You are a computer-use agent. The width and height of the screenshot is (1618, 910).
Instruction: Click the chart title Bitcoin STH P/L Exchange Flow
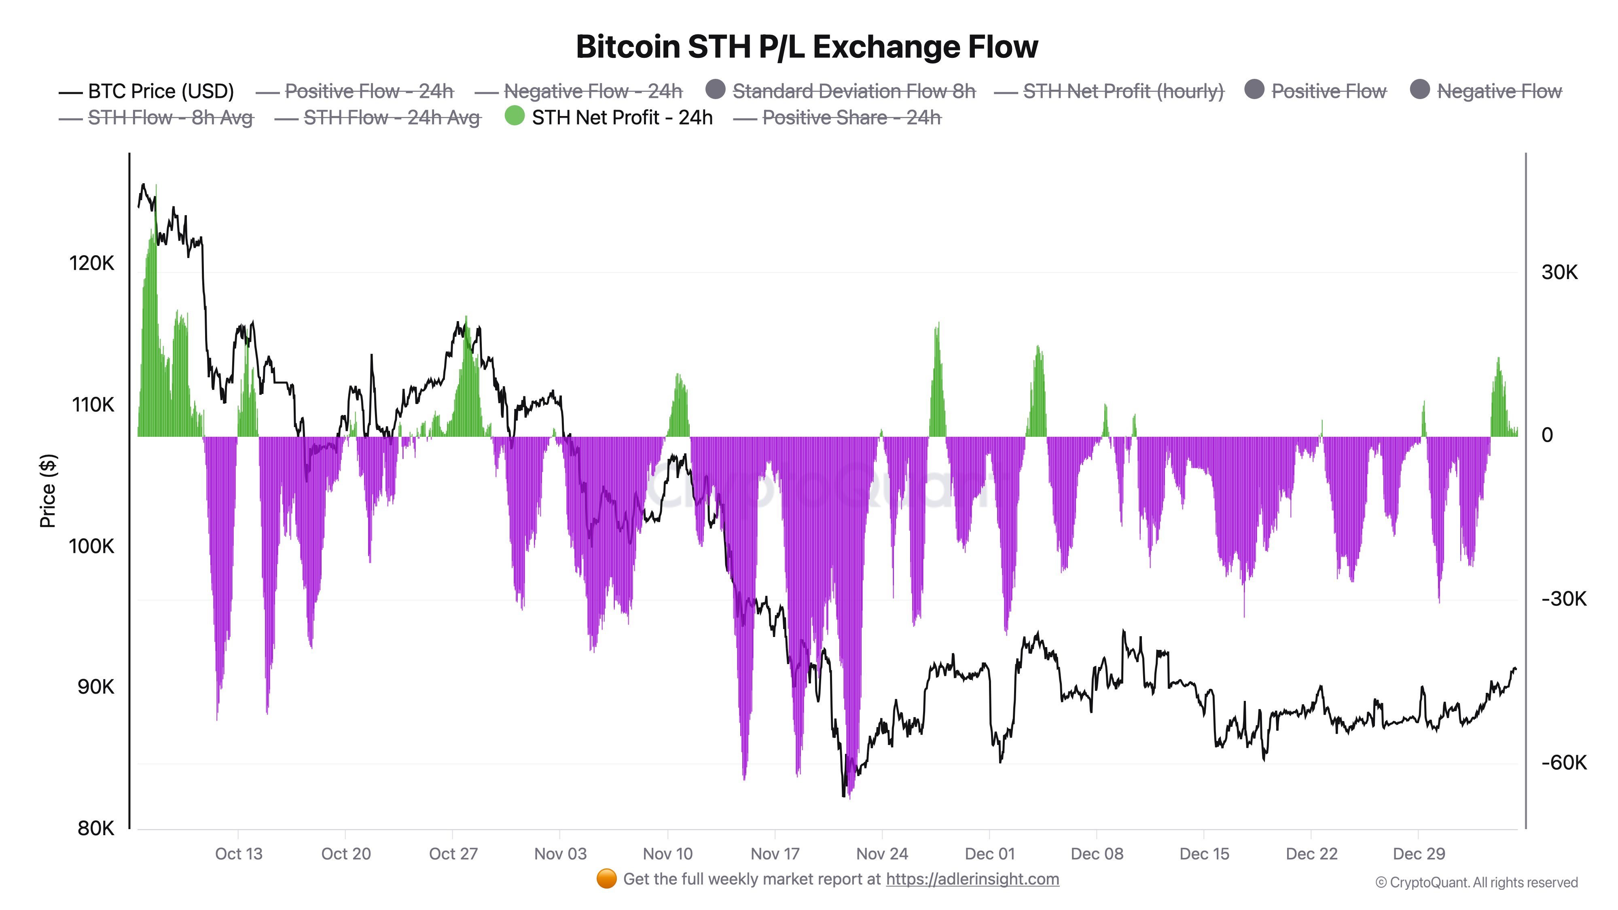807,47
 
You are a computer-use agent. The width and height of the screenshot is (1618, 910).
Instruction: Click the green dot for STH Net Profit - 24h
515,116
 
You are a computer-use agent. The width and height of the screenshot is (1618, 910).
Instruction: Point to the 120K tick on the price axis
92,263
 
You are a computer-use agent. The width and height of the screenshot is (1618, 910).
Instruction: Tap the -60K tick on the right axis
1563,762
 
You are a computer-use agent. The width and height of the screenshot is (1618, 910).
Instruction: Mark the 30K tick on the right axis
1559,272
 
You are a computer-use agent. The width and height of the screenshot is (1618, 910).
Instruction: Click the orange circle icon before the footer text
606,878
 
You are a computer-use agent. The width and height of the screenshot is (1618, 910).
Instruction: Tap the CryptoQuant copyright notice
1476,882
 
